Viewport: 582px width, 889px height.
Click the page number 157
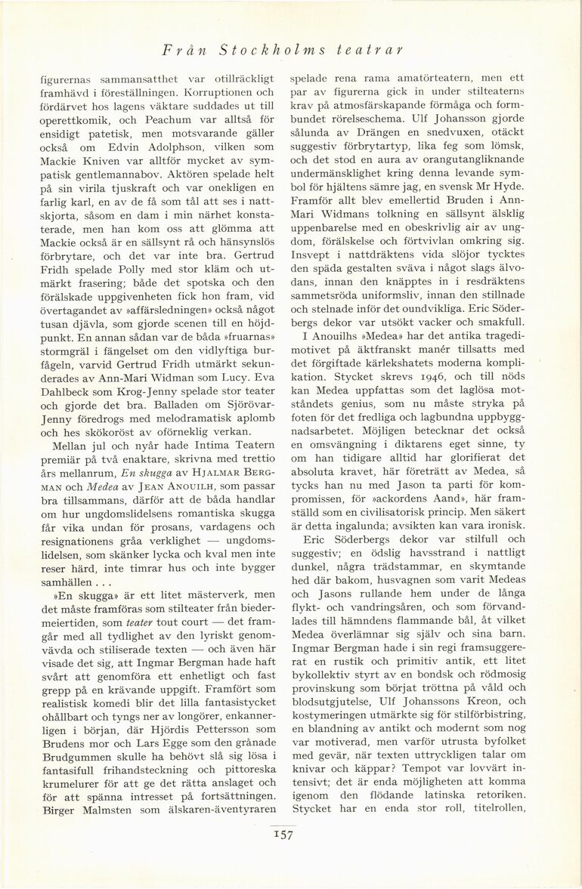[283, 835]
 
